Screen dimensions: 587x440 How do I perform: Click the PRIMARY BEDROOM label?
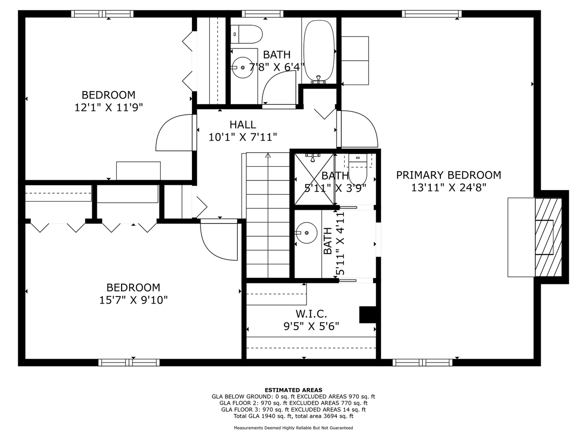point(448,175)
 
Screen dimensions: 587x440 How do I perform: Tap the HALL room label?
point(243,125)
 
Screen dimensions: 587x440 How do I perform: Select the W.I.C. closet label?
point(311,314)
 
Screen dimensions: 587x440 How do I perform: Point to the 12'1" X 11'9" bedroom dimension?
point(108,108)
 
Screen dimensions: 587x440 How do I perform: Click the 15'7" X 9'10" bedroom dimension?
point(133,300)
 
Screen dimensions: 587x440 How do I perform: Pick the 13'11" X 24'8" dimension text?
point(448,188)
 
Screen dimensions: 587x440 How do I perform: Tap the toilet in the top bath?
point(246,34)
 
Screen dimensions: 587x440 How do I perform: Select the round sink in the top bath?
point(243,67)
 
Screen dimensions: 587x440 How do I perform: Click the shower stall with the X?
point(314,179)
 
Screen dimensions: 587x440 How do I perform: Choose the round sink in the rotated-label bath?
point(307,233)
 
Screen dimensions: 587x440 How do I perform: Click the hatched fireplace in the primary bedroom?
point(548,237)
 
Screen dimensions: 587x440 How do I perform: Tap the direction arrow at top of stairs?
point(268,155)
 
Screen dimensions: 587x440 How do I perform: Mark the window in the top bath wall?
point(262,14)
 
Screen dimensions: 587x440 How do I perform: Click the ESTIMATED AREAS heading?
point(293,390)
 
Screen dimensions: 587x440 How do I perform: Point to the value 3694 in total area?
point(336,416)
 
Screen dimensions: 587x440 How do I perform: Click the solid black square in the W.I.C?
point(368,315)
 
